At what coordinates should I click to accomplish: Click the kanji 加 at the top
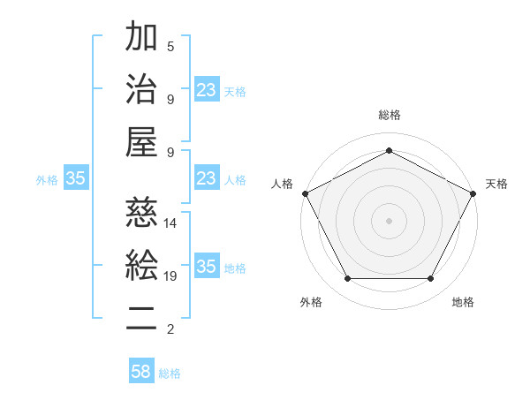point(141,38)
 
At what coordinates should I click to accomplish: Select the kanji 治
point(141,89)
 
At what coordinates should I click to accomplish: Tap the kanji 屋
point(141,141)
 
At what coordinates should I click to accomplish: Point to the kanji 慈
point(141,213)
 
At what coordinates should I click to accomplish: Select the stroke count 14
point(170,223)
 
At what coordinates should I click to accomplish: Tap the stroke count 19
point(170,276)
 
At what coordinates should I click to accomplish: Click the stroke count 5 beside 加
point(170,46)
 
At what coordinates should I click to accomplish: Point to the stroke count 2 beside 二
point(170,329)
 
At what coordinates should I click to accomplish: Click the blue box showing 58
point(141,372)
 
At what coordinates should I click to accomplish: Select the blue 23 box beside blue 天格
point(206,90)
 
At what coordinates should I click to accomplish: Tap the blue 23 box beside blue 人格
point(206,178)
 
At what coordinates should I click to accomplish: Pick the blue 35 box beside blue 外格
point(75,178)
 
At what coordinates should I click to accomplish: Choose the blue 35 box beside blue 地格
point(206,267)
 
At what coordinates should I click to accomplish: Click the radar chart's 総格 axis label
point(390,115)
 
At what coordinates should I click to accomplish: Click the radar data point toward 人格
point(305,192)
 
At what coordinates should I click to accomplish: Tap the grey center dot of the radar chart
point(390,220)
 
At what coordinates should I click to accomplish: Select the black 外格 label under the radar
point(311,302)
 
